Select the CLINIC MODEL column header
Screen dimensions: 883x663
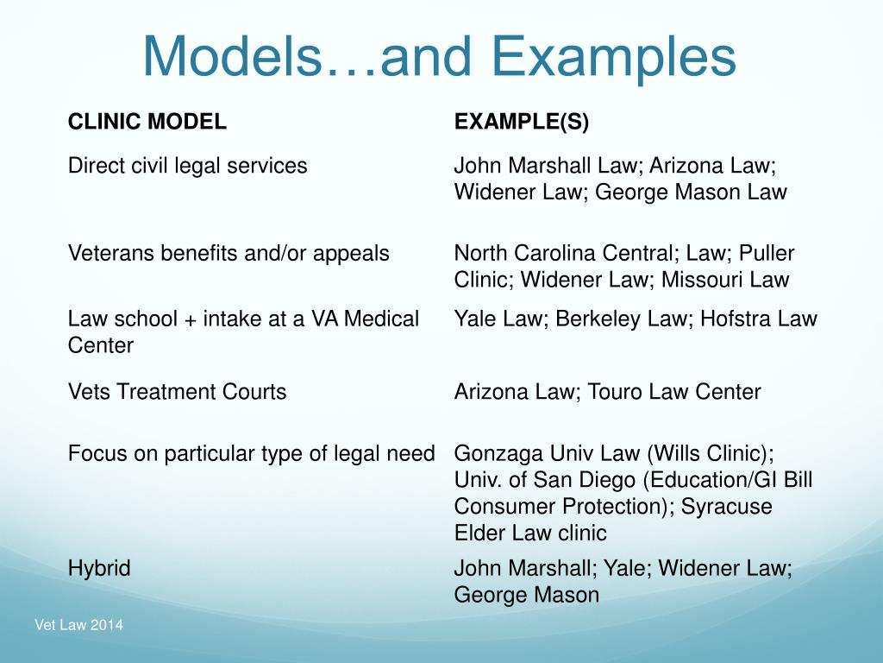coord(147,123)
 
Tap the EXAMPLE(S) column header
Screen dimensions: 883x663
coord(522,123)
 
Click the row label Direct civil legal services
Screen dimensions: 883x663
coord(187,166)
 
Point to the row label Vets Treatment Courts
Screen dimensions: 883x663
coord(177,392)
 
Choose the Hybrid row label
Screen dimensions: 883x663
coord(99,568)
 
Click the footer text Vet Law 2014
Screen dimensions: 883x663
coord(78,625)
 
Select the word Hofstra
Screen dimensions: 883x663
coord(736,319)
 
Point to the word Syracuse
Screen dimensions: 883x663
coord(726,507)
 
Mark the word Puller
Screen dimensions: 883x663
coord(766,254)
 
